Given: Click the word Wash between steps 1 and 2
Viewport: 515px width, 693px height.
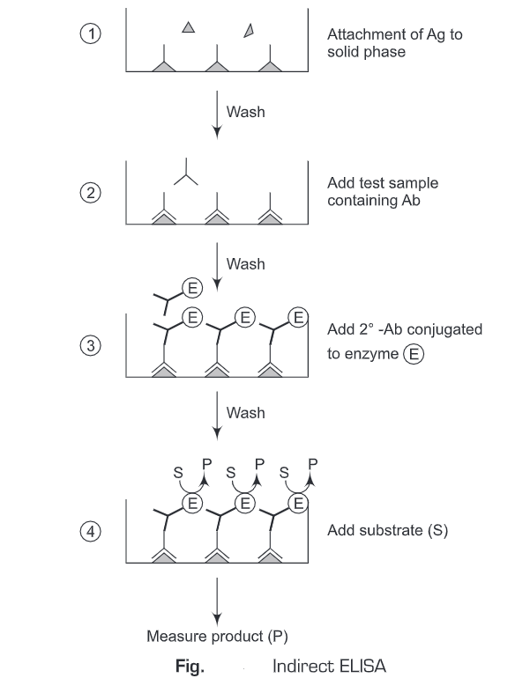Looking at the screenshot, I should click(245, 112).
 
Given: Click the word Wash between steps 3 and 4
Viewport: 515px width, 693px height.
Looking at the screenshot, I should click(245, 411).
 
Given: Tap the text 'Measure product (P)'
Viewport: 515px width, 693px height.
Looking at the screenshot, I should click(217, 635).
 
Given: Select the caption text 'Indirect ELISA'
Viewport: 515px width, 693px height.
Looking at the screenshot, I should click(329, 666).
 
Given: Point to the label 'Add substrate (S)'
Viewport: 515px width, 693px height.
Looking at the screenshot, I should click(382, 531).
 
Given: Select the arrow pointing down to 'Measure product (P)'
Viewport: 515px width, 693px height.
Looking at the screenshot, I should click(217, 599).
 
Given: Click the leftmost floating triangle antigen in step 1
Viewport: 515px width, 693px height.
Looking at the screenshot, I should click(188, 28).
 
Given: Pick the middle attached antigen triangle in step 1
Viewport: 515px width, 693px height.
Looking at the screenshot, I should click(217, 65).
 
